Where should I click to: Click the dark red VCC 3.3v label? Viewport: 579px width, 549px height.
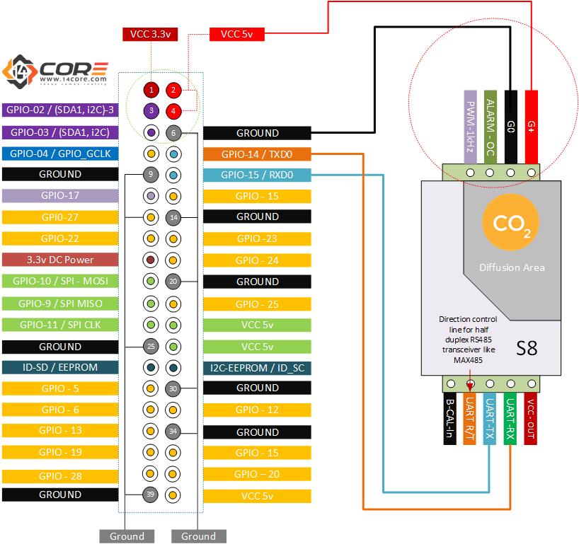coord(150,35)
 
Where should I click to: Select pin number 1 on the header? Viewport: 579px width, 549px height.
coord(151,90)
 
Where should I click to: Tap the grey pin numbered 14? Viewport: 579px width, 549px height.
coord(173,217)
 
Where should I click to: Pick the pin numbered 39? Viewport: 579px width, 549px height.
coord(150,495)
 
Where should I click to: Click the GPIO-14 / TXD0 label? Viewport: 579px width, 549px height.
coord(257,154)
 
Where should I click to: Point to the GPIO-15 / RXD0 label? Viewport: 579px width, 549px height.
coord(257,175)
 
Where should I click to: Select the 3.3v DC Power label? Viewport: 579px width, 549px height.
coord(60,260)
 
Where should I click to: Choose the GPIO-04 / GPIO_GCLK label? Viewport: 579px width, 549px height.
coord(60,154)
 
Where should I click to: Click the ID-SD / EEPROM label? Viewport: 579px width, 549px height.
coord(60,367)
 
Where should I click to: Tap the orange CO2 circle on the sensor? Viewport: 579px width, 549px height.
coord(511,222)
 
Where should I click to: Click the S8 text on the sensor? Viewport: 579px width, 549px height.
coord(527,348)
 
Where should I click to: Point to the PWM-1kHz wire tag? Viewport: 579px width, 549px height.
coord(470,127)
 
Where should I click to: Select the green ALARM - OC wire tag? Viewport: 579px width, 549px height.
coord(490,127)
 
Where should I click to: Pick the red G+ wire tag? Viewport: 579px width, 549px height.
coord(531,127)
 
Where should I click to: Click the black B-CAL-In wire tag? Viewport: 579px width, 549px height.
coord(449,418)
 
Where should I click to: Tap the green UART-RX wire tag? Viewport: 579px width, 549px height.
coord(510,418)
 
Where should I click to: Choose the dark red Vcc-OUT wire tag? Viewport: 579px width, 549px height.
coord(531,418)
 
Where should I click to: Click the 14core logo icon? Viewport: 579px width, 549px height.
coord(20,71)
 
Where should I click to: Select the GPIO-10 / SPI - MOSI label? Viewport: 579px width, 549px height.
coord(60,281)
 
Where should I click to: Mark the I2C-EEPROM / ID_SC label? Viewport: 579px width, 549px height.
coord(257,368)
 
